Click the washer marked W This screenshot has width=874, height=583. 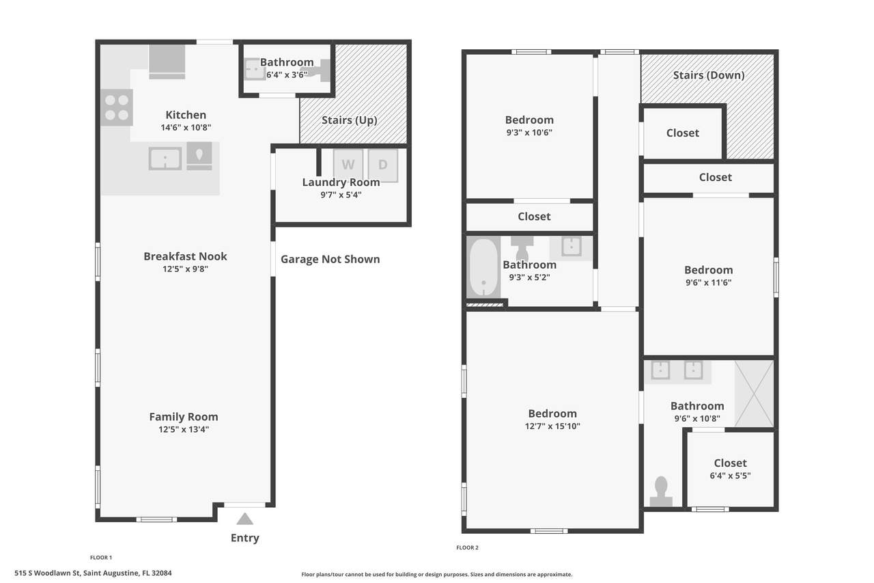(348, 165)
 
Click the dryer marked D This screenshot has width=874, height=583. (383, 165)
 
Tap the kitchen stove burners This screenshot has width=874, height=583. (117, 107)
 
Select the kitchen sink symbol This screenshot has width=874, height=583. (165, 159)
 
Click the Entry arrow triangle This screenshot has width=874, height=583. (244, 519)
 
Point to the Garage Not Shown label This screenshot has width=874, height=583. (330, 259)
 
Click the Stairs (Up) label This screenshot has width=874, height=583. (349, 120)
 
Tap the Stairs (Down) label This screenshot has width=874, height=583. (709, 75)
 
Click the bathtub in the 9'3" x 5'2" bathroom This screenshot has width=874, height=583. (483, 267)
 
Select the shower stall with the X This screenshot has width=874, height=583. (754, 394)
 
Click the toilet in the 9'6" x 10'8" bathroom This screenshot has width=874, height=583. (661, 491)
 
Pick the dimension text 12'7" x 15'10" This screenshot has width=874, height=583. (552, 426)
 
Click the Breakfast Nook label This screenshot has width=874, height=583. (185, 256)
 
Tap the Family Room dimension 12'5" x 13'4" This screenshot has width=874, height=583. (184, 429)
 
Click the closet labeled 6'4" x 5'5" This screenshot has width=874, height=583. (730, 469)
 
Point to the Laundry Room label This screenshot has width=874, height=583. (341, 182)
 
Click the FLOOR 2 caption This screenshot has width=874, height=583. (468, 547)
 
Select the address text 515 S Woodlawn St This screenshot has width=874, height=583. (47, 573)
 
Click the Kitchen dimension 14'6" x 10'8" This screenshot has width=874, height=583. (186, 127)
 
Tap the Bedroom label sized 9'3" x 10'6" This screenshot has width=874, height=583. (529, 120)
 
